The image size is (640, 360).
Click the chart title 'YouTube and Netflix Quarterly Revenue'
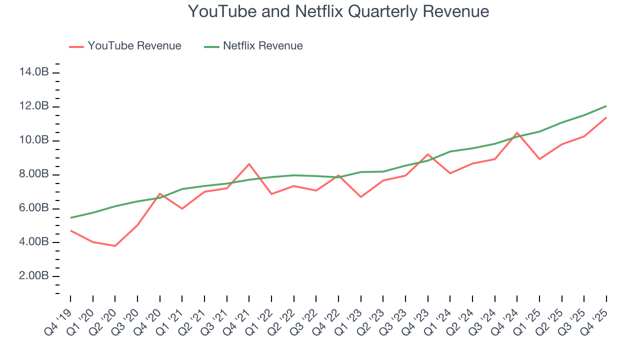pos(338,11)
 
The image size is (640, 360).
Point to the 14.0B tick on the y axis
pos(34,72)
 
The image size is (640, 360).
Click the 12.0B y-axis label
pos(34,106)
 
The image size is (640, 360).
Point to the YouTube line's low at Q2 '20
pos(115,246)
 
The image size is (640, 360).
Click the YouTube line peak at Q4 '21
pos(249,164)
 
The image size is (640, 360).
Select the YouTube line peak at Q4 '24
pos(517,133)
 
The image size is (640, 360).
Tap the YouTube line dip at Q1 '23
pos(360,197)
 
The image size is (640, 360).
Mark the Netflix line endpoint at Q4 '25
pos(606,106)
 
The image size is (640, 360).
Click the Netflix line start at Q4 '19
pos(70,217)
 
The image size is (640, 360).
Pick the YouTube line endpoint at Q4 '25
pos(606,117)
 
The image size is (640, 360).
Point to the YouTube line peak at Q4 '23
pos(428,154)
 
